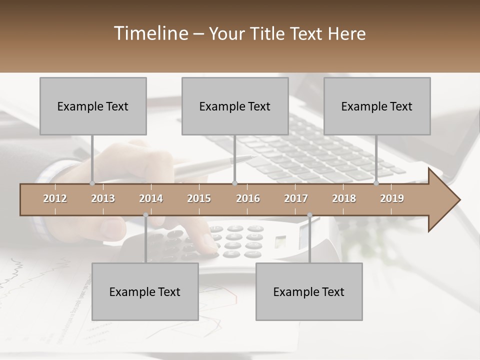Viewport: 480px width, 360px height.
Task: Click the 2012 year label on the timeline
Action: [55, 198]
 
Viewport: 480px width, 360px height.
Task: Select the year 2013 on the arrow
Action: [103, 198]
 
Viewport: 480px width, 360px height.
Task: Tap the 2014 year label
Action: [151, 198]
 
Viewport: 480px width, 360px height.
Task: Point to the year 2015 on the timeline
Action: [199, 198]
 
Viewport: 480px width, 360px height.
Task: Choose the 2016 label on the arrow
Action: [248, 198]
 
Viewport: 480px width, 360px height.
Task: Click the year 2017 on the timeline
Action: [296, 198]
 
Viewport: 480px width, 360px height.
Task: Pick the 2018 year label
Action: [344, 198]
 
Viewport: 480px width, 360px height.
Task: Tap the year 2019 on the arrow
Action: [392, 198]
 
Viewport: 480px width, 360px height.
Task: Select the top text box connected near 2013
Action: [93, 106]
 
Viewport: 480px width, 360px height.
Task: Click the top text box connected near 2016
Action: [235, 106]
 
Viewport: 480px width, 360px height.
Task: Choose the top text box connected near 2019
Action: [377, 106]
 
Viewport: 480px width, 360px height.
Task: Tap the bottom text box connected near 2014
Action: [145, 291]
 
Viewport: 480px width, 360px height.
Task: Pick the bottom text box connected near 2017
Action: [309, 291]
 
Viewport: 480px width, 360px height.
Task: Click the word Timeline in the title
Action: [150, 33]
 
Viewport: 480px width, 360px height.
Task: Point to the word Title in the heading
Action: [270, 33]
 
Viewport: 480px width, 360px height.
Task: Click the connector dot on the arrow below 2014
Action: [145, 215]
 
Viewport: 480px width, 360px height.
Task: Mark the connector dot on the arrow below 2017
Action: [309, 215]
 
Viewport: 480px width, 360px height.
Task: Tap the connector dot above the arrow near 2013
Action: [92, 183]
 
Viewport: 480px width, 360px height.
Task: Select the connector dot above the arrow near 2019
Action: [376, 183]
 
